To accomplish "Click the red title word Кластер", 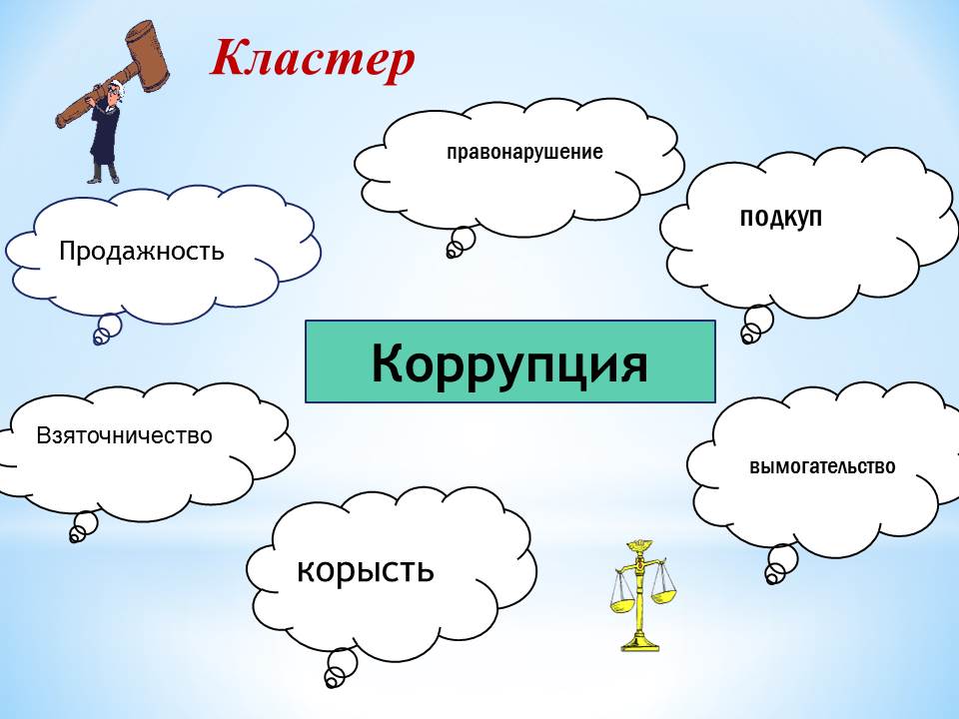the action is (313, 59).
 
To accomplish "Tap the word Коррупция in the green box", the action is (509, 363).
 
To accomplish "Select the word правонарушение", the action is (524, 152).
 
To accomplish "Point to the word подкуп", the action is (781, 218).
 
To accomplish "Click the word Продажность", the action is (141, 252).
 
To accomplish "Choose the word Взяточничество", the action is (124, 435).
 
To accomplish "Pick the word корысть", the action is (366, 570).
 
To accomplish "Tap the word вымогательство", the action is (822, 466).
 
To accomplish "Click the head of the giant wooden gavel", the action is (146, 56).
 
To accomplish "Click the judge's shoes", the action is (103, 178).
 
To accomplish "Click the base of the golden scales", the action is (640, 643).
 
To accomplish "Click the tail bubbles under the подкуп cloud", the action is (756, 324).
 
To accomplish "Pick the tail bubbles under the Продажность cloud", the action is (107, 329).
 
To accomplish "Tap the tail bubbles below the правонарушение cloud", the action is (460, 242).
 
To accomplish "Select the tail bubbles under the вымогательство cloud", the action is (781, 563).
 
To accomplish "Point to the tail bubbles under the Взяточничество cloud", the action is (83, 527).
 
